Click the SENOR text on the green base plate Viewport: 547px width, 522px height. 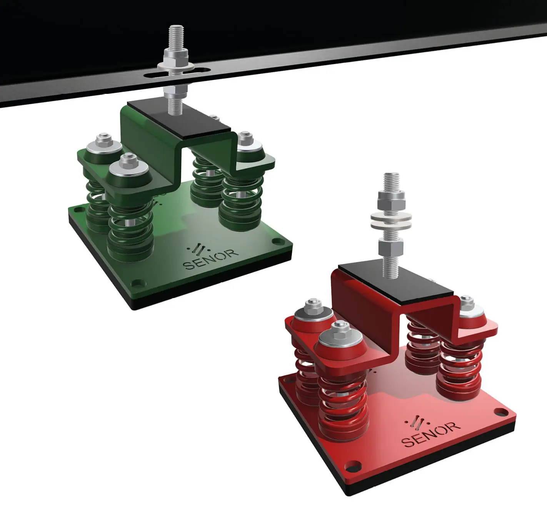point(212,259)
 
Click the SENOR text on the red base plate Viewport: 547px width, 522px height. point(431,434)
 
